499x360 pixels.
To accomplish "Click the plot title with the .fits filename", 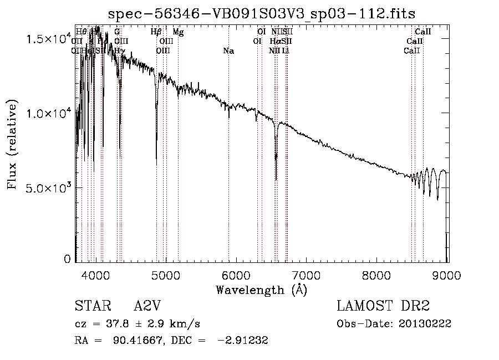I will pyautogui.click(x=261, y=13).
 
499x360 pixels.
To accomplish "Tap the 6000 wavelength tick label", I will pyautogui.click(x=236, y=275).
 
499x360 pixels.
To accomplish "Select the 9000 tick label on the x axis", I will pyautogui.click(x=447, y=275).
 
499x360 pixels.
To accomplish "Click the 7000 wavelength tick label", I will pyautogui.click(x=307, y=275).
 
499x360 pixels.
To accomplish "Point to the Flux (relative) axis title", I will pyautogui.click(x=13, y=145).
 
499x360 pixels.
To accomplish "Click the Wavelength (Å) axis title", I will pyautogui.click(x=261, y=290).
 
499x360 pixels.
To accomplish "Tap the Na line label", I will pyautogui.click(x=228, y=51).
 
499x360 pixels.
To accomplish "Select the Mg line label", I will pyautogui.click(x=178, y=32).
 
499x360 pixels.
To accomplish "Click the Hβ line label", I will pyautogui.click(x=156, y=32).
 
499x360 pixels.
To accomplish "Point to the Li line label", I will pyautogui.click(x=285, y=51).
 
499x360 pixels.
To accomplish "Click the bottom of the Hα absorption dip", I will pyautogui.click(x=276, y=179).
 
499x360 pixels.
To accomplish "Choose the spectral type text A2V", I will pyautogui.click(x=148, y=306).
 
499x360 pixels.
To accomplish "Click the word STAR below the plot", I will pyautogui.click(x=90, y=306).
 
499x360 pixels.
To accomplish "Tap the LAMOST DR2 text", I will pyautogui.click(x=383, y=306).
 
